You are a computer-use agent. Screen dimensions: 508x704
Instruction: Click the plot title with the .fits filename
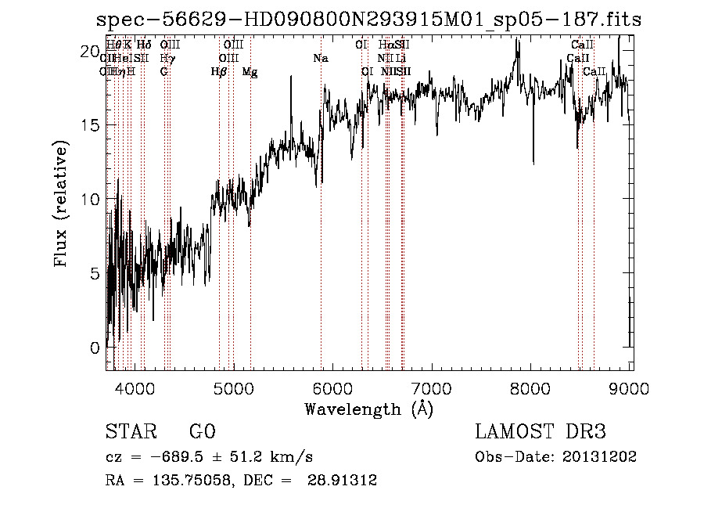[368, 20]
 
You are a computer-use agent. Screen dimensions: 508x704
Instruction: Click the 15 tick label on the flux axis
[90, 125]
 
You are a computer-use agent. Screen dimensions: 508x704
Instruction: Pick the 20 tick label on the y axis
[90, 51]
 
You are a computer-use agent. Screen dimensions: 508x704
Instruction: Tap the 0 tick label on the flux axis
[95, 348]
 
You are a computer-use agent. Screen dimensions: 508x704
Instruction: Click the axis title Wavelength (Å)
[368, 409]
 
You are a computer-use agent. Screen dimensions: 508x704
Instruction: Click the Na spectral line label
[320, 58]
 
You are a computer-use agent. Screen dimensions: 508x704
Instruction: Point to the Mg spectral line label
[250, 72]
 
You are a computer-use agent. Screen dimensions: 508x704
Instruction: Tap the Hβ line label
[219, 72]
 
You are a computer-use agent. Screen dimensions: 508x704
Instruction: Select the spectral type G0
[202, 432]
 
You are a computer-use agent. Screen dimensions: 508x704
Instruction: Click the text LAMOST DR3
[540, 432]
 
